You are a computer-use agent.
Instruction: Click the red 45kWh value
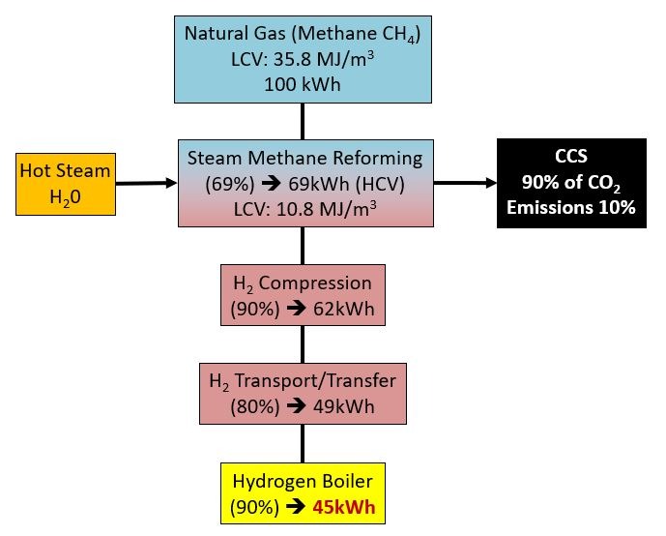(x=344, y=507)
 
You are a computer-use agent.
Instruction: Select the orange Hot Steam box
(x=66, y=184)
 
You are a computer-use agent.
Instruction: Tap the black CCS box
(x=571, y=183)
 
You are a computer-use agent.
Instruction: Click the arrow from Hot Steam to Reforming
(x=146, y=183)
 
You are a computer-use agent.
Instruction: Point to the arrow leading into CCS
(x=465, y=183)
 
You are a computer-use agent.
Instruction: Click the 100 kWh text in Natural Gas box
(x=303, y=84)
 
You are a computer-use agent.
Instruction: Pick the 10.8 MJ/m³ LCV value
(x=326, y=209)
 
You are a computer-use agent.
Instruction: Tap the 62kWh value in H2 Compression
(x=344, y=309)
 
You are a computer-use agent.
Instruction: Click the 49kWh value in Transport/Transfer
(x=344, y=406)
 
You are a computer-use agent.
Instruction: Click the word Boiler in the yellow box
(x=347, y=482)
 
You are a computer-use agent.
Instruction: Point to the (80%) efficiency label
(x=255, y=406)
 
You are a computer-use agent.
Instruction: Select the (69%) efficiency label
(x=230, y=184)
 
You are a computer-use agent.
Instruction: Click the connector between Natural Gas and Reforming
(x=303, y=121)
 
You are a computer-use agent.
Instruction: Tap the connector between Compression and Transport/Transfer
(x=303, y=344)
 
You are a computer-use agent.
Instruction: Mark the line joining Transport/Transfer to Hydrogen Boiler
(x=303, y=443)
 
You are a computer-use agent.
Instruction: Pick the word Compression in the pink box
(x=315, y=283)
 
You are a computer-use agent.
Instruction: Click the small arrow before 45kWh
(x=296, y=507)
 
